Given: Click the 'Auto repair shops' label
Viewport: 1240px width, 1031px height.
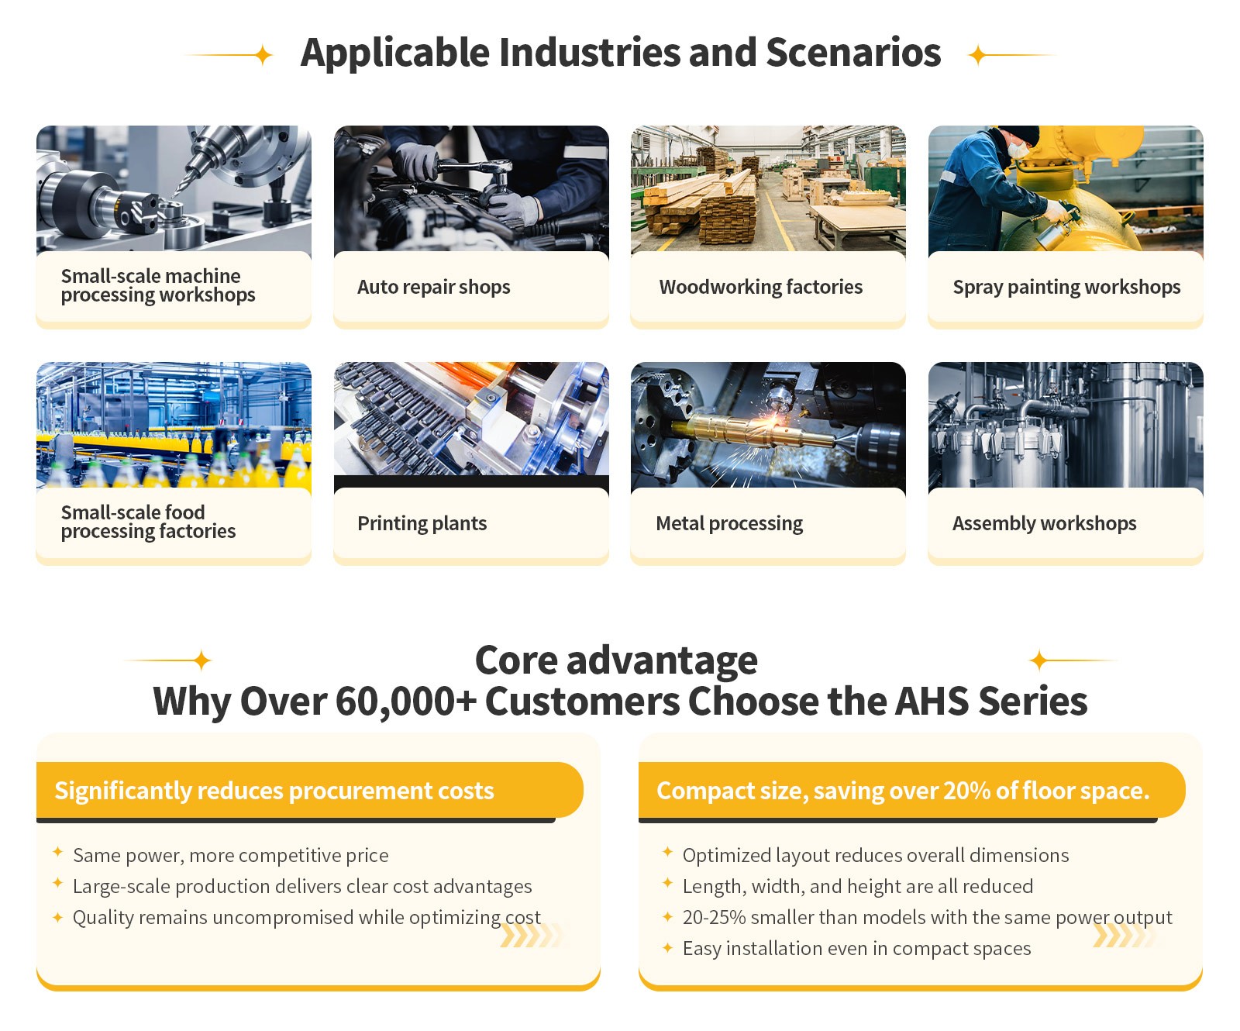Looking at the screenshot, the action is point(433,287).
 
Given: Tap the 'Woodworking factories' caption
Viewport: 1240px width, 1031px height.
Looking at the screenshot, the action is point(760,287).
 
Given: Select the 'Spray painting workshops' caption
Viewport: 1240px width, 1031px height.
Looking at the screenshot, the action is point(1066,287).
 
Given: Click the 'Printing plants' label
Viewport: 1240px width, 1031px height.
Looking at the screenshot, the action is point(422,523).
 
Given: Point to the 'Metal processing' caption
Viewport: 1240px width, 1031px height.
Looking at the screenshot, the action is point(729,523).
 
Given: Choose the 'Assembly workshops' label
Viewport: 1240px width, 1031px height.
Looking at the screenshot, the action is point(1044,523).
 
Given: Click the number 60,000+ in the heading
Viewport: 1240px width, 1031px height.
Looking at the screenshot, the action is point(406,702).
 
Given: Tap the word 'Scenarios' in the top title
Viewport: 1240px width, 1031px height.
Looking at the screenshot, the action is point(853,53).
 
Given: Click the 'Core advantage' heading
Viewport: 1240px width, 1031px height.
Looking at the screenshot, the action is point(616,660).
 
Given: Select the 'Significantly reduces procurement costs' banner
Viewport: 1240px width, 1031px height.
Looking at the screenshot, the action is point(309,790).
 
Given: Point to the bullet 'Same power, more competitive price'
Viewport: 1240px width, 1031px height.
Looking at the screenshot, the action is point(230,855).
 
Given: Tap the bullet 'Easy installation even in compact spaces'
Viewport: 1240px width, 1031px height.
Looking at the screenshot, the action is point(856,948).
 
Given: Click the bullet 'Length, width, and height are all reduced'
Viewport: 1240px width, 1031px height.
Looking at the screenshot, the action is point(857,886).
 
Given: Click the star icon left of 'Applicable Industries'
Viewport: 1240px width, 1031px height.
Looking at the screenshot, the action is point(263,55).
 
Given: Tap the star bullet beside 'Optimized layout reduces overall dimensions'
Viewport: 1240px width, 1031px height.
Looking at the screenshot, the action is point(667,852).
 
